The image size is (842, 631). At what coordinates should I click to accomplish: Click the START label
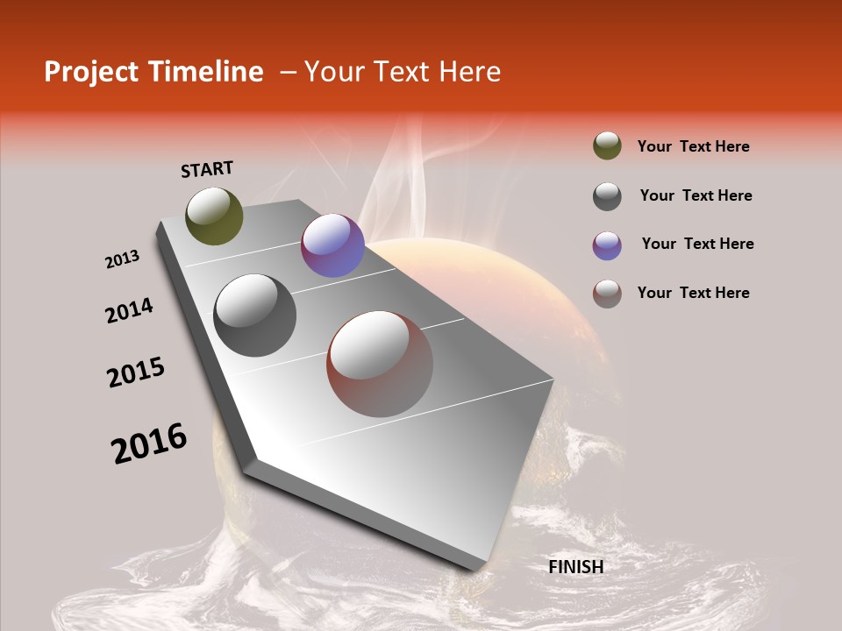click(x=207, y=169)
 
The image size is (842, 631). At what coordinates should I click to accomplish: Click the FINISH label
click(x=575, y=567)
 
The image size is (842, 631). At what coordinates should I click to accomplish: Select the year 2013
click(x=122, y=259)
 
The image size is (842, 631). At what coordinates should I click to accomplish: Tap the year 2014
click(x=129, y=310)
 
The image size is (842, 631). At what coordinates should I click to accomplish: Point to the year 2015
click(x=136, y=372)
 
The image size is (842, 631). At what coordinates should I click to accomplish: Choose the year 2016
click(x=149, y=443)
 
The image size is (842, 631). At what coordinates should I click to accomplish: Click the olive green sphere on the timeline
click(x=214, y=216)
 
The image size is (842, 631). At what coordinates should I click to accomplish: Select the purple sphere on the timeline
click(x=332, y=245)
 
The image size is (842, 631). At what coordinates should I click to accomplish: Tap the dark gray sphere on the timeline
click(x=255, y=315)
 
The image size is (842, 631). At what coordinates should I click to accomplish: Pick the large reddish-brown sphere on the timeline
click(x=380, y=364)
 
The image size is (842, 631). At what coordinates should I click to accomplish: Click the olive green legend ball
click(x=607, y=145)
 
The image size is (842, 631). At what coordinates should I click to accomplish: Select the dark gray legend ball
click(x=607, y=196)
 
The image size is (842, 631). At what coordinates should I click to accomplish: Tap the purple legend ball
click(x=607, y=245)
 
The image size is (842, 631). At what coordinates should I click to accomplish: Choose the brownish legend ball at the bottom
click(x=607, y=294)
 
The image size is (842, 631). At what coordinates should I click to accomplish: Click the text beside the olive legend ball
click(x=693, y=146)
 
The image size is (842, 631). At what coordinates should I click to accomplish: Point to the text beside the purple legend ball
click(x=697, y=244)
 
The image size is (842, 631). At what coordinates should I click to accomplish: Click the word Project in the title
click(x=92, y=72)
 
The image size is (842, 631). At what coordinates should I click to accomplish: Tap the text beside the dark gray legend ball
click(x=696, y=195)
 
